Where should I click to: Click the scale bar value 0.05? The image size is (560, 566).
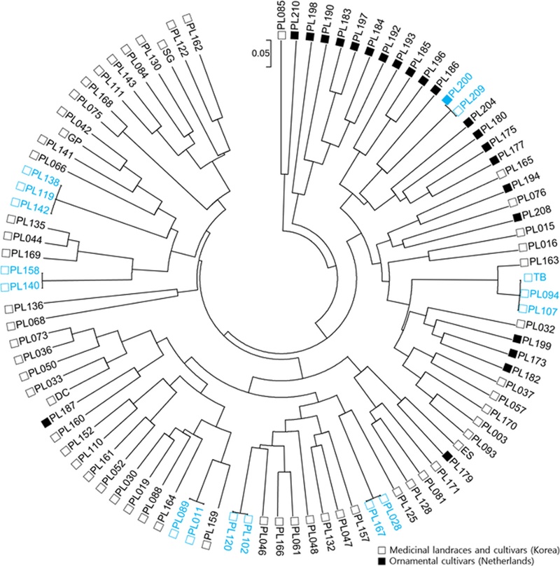pyautogui.click(x=260, y=53)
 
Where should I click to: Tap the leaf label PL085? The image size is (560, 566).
pyautogui.click(x=281, y=15)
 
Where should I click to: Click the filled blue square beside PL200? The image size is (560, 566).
pyautogui.click(x=447, y=99)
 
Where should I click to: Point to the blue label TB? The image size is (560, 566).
pyautogui.click(x=540, y=277)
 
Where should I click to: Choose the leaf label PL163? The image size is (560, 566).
pyautogui.click(x=544, y=261)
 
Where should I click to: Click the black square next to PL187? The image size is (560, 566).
pyautogui.click(x=46, y=422)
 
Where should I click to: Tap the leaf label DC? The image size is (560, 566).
pyautogui.click(x=62, y=395)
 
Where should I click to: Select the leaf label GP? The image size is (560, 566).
pyautogui.click(x=74, y=138)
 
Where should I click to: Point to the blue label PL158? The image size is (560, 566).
pyautogui.click(x=24, y=269)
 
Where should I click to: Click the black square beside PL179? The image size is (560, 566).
pyautogui.click(x=447, y=456)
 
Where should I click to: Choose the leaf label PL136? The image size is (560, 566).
pyautogui.click(x=29, y=307)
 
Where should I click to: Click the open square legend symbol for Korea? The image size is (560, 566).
pyautogui.click(x=382, y=550)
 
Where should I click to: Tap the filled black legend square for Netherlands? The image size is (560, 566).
pyautogui.click(x=382, y=561)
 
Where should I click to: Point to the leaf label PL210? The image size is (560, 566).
pyautogui.click(x=295, y=16)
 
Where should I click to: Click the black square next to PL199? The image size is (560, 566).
pyautogui.click(x=517, y=339)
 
